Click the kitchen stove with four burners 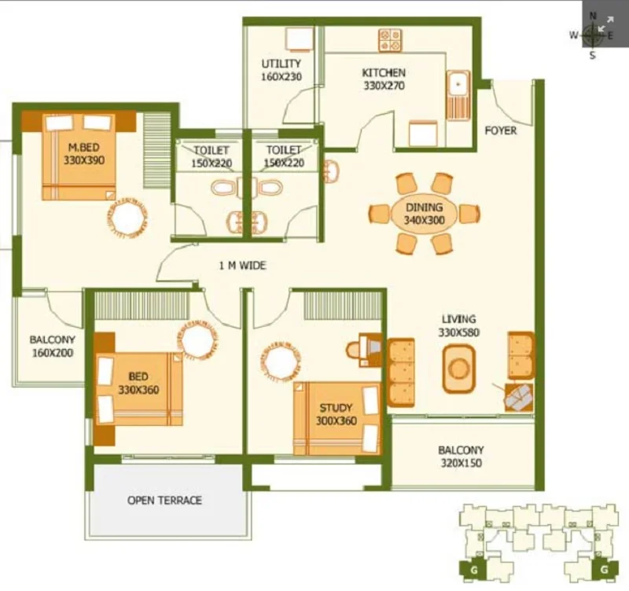[x=390, y=40]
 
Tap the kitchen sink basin [x=458, y=84]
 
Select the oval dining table [x=424, y=213]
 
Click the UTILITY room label [x=281, y=64]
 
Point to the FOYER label [x=501, y=130]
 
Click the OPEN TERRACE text [x=164, y=500]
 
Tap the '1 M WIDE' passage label [x=242, y=265]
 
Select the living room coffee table [x=459, y=369]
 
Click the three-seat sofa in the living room [x=401, y=373]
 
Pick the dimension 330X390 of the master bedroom [x=84, y=160]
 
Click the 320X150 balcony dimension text [x=462, y=463]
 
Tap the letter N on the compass [x=593, y=16]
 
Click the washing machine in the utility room [x=299, y=39]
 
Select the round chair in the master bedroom [x=127, y=218]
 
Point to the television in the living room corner [x=519, y=398]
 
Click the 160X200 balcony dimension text [x=53, y=353]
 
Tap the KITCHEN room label [x=384, y=72]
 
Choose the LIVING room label [x=459, y=319]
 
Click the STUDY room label [x=336, y=408]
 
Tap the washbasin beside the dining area [x=331, y=171]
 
